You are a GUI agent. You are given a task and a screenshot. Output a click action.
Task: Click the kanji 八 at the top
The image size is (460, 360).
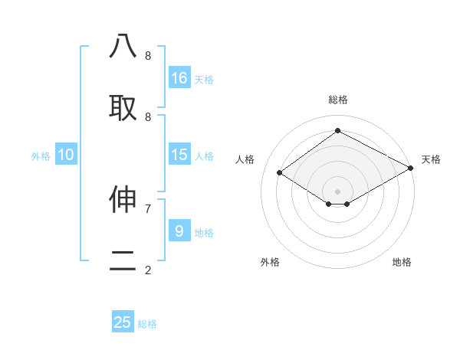[x=123, y=47]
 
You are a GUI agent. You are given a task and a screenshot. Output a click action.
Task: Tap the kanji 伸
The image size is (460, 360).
[x=123, y=200]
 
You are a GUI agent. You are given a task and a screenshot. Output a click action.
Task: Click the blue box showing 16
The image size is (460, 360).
[x=179, y=78]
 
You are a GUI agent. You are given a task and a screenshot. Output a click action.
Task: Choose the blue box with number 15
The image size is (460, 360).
[x=179, y=155]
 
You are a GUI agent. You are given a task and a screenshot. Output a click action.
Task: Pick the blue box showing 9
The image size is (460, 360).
[x=179, y=231]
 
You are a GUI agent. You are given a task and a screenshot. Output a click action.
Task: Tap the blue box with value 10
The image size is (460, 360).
[x=66, y=155]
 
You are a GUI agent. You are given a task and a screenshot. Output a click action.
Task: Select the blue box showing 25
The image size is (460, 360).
[x=123, y=322]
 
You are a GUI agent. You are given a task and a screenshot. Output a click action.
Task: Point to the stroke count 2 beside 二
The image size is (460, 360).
[x=148, y=270]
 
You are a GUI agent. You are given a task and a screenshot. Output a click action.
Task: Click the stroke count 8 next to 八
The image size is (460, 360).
[x=148, y=56]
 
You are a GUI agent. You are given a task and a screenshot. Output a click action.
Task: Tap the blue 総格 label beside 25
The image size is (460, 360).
[x=147, y=324]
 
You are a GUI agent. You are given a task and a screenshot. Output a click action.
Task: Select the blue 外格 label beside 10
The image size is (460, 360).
[x=41, y=156]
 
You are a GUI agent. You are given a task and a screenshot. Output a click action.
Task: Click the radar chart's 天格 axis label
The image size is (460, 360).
[x=431, y=159]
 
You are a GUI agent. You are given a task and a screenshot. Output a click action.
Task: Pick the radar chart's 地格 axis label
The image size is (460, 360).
[x=402, y=262]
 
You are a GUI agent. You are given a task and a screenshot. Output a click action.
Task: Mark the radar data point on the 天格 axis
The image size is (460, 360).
[x=412, y=168]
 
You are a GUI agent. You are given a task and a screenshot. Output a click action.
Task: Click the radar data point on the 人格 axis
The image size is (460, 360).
[x=280, y=173]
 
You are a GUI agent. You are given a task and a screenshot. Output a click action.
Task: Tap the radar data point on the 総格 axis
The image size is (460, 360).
[x=337, y=131]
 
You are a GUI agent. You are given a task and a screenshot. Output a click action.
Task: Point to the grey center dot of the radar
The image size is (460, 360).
[x=337, y=191]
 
